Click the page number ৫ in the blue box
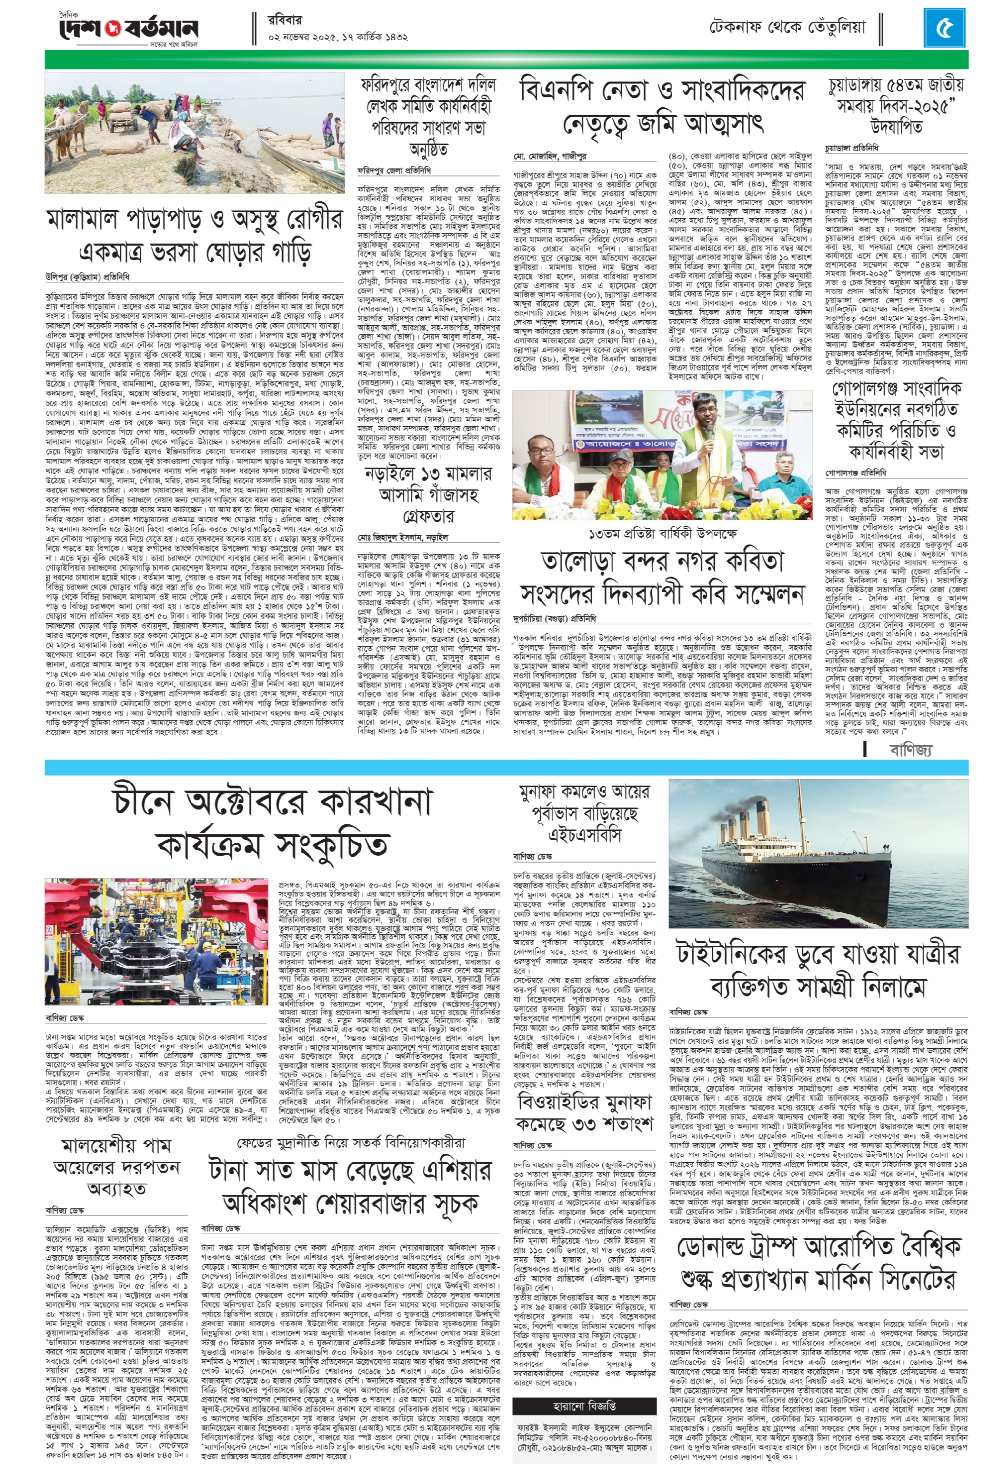click(x=943, y=28)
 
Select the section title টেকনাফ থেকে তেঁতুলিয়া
click(x=787, y=27)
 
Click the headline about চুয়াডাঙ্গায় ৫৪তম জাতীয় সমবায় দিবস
click(x=895, y=105)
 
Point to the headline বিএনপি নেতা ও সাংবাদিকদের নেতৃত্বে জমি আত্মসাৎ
click(x=662, y=107)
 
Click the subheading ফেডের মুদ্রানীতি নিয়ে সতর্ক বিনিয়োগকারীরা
click(x=351, y=1142)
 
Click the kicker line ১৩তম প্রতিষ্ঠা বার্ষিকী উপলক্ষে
click(x=662, y=533)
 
